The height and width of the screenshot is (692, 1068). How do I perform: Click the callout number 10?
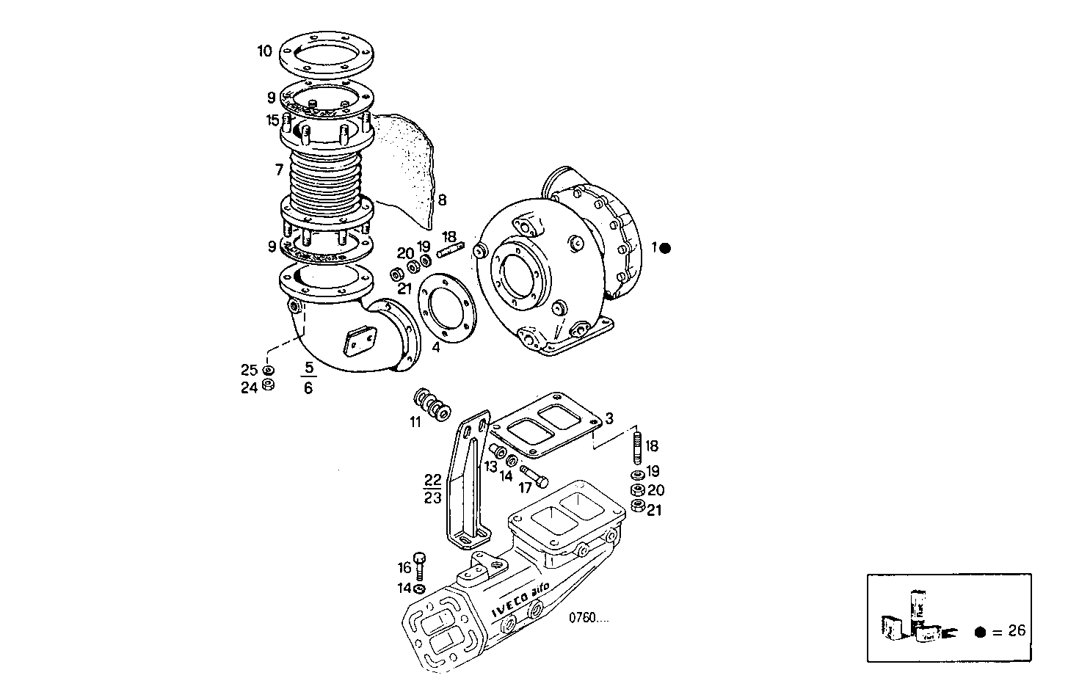[x=264, y=51]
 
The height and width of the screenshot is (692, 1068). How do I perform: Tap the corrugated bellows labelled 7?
[x=328, y=179]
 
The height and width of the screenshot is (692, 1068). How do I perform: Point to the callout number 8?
[x=442, y=200]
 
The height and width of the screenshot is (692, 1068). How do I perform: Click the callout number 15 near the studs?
[x=272, y=120]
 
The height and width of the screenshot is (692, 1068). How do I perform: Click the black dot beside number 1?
[x=665, y=248]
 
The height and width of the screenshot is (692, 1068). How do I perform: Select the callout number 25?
[x=250, y=369]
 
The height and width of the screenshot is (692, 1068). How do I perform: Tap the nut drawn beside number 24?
[x=269, y=385]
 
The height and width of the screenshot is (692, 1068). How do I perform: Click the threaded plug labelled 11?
[x=432, y=404]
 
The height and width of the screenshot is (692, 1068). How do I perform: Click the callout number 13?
[x=489, y=466]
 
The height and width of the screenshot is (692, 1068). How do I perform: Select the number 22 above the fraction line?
[x=432, y=480]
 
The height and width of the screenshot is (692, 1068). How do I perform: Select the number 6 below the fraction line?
[x=308, y=388]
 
